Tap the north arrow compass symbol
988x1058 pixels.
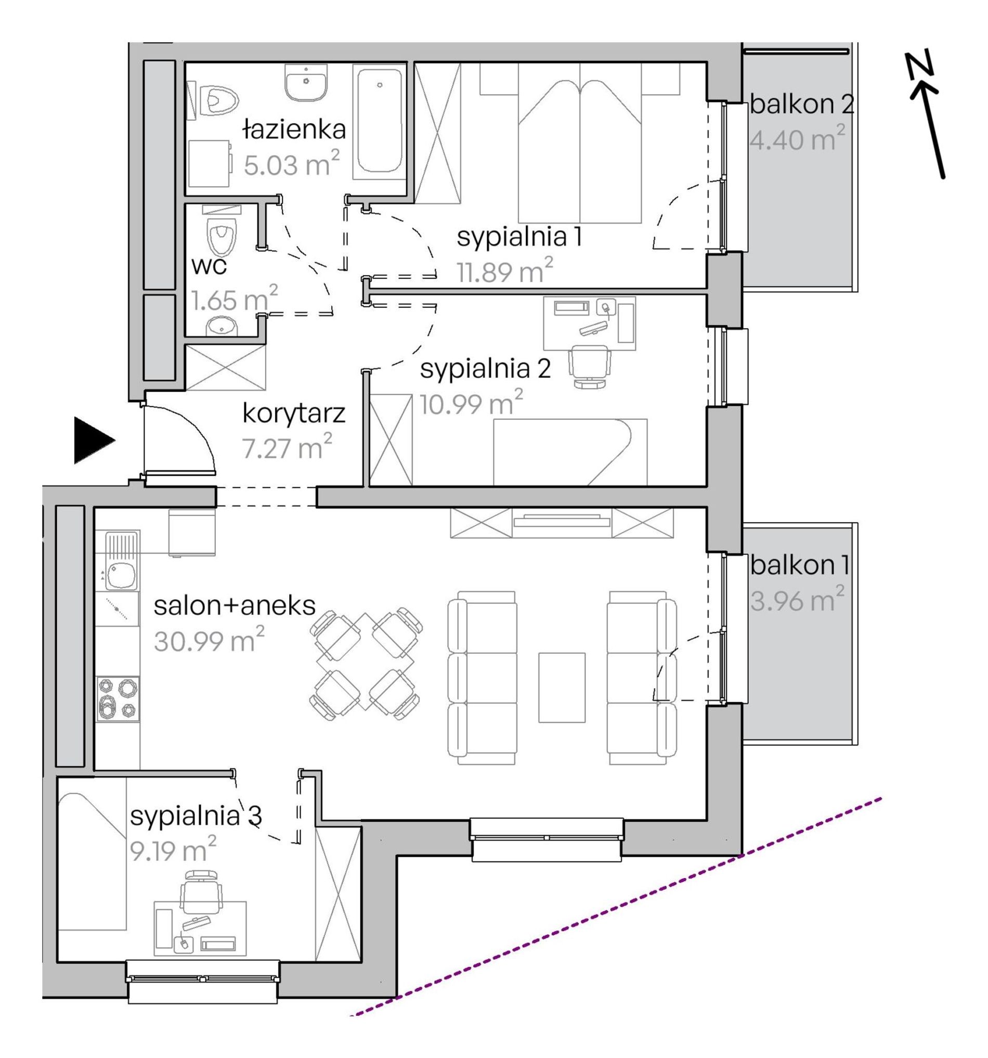925,114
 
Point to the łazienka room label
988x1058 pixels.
294,129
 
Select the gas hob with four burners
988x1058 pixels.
118,698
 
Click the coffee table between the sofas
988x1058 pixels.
562,687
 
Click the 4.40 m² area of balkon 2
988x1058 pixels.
797,139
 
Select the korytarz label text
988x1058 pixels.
294,414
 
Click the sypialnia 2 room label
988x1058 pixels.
485,369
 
